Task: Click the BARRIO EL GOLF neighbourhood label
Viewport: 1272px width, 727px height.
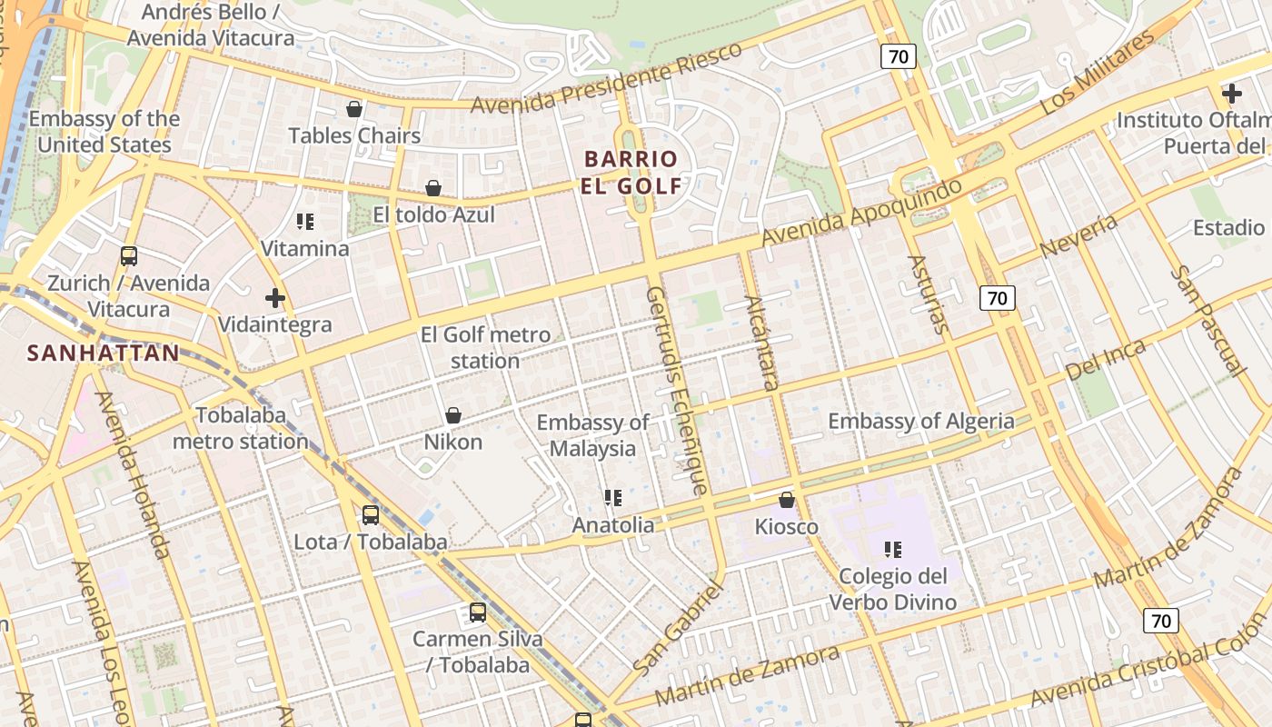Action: [632, 173]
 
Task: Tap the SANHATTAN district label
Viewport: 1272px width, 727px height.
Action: [103, 353]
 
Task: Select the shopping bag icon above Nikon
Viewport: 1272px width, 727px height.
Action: [452, 415]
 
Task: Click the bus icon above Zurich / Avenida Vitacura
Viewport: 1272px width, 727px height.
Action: [129, 256]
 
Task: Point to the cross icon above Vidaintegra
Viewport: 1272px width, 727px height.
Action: [274, 298]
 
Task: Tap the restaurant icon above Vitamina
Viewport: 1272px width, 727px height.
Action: [305, 222]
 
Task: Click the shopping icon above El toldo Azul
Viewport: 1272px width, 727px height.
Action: [433, 188]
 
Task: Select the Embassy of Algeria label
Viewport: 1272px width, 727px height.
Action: [920, 421]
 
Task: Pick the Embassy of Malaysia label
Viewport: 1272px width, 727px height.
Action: [592, 435]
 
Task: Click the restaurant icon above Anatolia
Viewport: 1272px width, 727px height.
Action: [613, 498]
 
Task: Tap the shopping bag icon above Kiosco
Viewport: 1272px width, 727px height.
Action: [787, 500]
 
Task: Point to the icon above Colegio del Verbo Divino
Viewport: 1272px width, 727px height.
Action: [893, 549]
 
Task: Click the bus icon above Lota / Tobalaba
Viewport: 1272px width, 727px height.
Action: [371, 515]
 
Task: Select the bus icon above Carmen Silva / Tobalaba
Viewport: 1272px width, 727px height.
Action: [478, 612]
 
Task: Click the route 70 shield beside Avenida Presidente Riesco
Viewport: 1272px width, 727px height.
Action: [898, 57]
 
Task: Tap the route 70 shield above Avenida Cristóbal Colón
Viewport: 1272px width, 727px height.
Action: [1160, 621]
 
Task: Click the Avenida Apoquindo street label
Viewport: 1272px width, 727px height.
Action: [860, 213]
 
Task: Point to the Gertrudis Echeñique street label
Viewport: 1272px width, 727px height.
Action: [676, 391]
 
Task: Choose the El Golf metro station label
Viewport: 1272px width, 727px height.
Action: [485, 347]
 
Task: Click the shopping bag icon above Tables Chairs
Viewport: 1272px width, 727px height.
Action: [354, 109]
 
